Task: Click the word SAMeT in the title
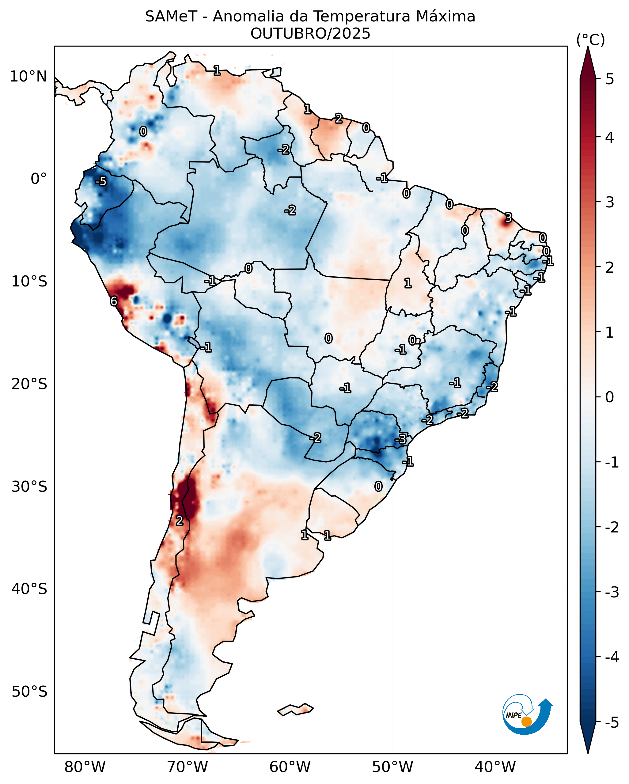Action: pyautogui.click(x=171, y=17)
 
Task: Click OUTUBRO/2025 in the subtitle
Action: pyautogui.click(x=310, y=34)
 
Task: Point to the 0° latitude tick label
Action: pyautogui.click(x=39, y=179)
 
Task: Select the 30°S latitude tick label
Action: pyautogui.click(x=29, y=487)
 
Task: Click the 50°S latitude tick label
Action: pyautogui.click(x=29, y=692)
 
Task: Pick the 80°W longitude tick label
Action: pyautogui.click(x=85, y=767)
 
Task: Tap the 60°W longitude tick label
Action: pyautogui.click(x=290, y=767)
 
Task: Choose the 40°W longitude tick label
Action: pyautogui.click(x=495, y=767)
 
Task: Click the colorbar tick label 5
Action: pyautogui.click(x=610, y=79)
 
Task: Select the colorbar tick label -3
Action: pyautogui.click(x=612, y=592)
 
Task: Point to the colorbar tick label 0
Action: pyautogui.click(x=610, y=397)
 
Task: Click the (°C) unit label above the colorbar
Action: pyautogui.click(x=590, y=40)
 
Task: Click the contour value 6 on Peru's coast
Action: pyautogui.click(x=114, y=301)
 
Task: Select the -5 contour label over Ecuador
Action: pyautogui.click(x=101, y=181)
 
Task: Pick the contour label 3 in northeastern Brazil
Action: pyautogui.click(x=508, y=218)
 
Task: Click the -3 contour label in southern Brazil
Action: pyautogui.click(x=400, y=439)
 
